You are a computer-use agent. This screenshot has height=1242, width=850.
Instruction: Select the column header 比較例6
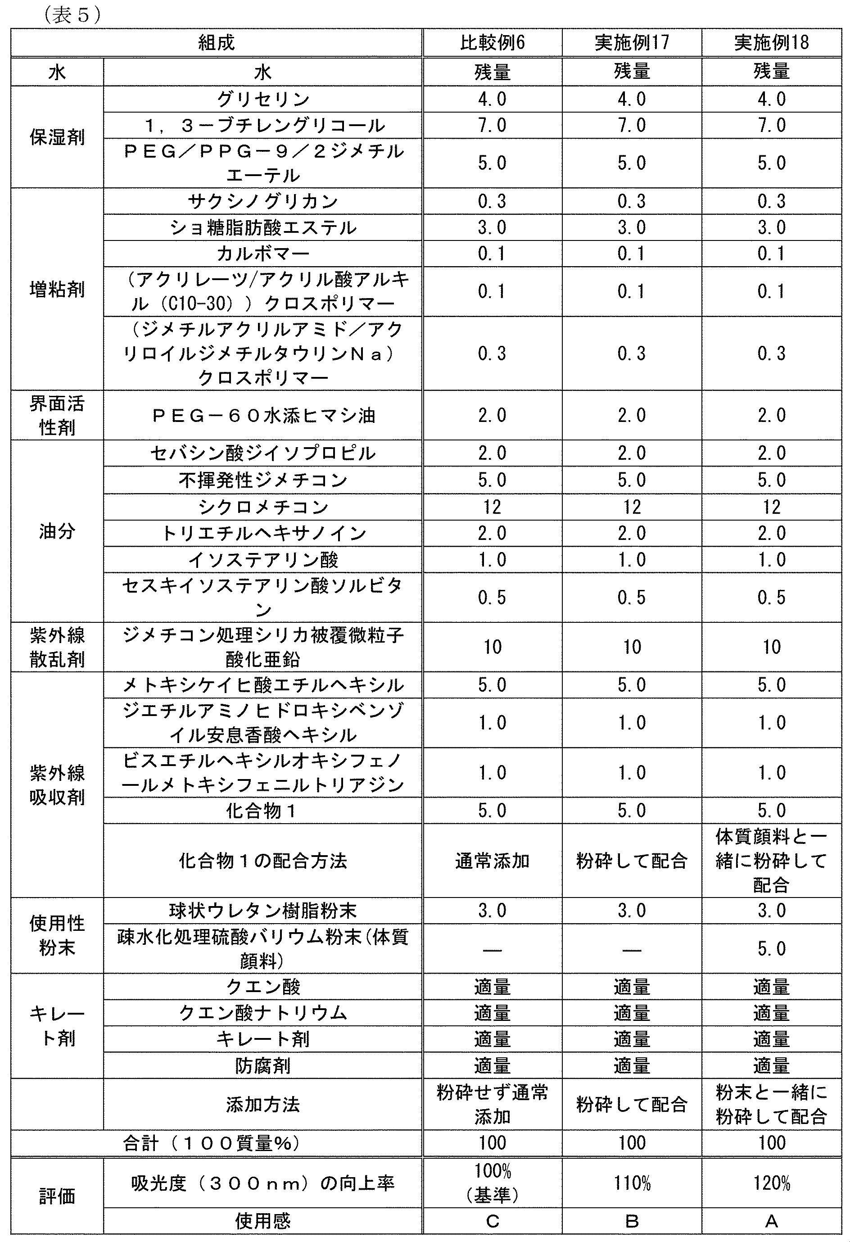492,43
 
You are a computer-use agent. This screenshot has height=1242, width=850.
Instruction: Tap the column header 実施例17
632,43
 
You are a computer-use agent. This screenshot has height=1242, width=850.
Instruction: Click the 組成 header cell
217,43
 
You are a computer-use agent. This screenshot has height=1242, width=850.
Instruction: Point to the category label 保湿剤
57,137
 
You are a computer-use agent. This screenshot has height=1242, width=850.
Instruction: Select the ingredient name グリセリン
263,99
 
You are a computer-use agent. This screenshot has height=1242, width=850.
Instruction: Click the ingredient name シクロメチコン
263,507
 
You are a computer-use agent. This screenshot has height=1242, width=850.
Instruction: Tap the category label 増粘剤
57,290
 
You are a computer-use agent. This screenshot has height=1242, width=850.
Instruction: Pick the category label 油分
57,531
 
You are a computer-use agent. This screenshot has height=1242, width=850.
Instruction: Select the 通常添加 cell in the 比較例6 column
492,861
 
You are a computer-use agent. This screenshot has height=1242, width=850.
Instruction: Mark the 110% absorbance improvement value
632,1184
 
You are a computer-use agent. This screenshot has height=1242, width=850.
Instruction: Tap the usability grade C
492,1221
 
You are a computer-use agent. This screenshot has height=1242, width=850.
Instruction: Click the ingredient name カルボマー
263,254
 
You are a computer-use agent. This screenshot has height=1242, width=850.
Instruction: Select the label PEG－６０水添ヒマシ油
263,415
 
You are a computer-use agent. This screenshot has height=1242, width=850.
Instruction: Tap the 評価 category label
57,1196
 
